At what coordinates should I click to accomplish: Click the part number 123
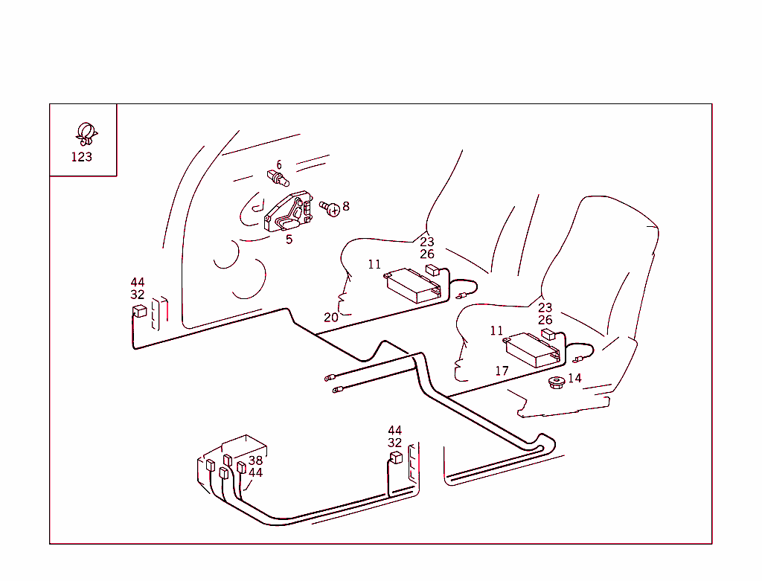point(82,157)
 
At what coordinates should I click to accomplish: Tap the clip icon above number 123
point(85,134)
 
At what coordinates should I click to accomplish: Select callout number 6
point(279,164)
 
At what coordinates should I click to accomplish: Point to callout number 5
point(289,239)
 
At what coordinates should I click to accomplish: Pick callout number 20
point(330,317)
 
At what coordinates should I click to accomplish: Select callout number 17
point(502,370)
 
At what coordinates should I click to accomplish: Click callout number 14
point(574,378)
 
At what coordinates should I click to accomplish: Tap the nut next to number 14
point(555,382)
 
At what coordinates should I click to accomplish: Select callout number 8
point(345,206)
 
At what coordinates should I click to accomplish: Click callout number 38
point(255,460)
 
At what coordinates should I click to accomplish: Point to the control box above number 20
point(414,284)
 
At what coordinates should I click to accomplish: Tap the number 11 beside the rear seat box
point(497,331)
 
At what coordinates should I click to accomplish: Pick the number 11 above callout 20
point(374,264)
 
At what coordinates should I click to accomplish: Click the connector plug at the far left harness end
point(138,311)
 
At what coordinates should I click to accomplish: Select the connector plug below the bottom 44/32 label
point(396,457)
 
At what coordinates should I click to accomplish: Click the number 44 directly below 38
point(255,472)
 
